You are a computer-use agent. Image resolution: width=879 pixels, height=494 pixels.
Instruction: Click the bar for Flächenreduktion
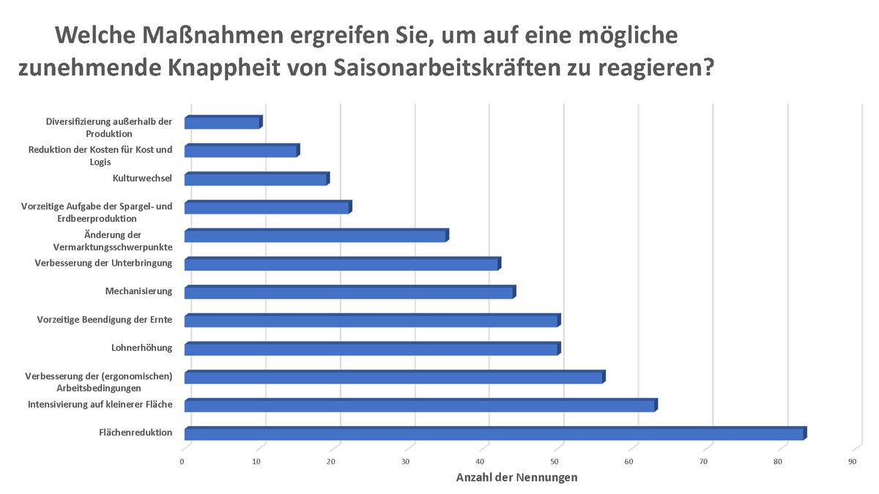click(x=494, y=434)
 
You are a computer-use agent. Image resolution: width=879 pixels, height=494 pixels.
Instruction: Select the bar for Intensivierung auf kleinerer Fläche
click(x=420, y=405)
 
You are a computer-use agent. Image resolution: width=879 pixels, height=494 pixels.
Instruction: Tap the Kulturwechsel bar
click(x=256, y=179)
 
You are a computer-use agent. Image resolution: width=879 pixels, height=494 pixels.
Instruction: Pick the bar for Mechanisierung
click(x=349, y=293)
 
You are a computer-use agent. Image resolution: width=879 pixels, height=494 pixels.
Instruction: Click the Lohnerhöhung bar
click(x=372, y=349)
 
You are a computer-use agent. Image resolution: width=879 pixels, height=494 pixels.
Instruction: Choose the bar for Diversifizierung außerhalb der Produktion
click(x=223, y=123)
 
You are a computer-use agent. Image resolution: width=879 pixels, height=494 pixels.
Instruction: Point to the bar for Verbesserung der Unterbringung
click(x=342, y=264)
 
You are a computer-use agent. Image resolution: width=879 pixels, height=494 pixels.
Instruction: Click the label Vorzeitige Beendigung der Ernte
click(x=105, y=320)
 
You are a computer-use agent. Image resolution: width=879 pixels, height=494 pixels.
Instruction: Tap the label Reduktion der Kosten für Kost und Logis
click(x=100, y=155)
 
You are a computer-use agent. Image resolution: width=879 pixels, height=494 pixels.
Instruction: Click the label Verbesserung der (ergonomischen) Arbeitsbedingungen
click(x=99, y=382)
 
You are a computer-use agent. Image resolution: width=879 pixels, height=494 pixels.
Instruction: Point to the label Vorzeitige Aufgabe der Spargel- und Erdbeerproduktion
click(x=97, y=212)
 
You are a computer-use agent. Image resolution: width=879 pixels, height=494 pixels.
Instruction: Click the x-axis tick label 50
click(x=555, y=462)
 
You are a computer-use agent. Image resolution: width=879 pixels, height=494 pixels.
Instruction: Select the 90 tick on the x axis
click(x=852, y=462)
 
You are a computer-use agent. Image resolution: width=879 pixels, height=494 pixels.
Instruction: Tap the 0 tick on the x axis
click(x=182, y=462)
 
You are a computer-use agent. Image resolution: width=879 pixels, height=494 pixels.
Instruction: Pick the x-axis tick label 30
click(x=406, y=462)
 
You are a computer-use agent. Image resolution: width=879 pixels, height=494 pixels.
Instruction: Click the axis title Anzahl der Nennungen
click(x=517, y=478)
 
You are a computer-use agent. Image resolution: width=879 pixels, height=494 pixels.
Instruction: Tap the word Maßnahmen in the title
click(x=218, y=34)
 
